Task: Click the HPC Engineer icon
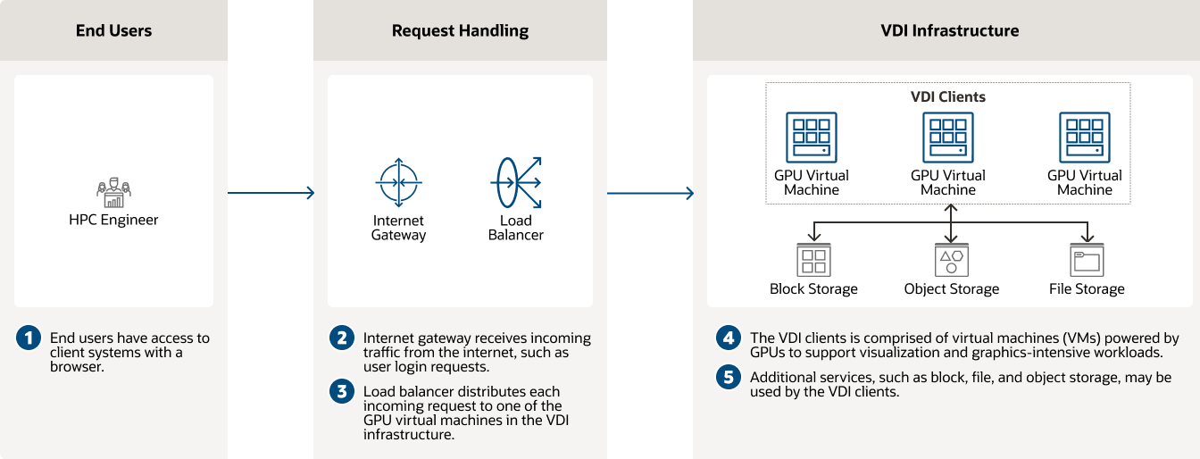(x=113, y=189)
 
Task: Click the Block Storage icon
(x=813, y=260)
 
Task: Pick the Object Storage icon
(x=951, y=260)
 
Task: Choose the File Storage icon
(x=1087, y=260)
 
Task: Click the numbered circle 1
(x=29, y=338)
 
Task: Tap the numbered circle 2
(x=342, y=338)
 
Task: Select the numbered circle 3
(x=342, y=391)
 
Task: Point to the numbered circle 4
(x=729, y=338)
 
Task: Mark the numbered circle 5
(x=729, y=378)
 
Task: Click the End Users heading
(x=113, y=30)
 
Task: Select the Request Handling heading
(x=460, y=30)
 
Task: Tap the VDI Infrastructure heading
(x=949, y=30)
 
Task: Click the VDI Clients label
(x=947, y=96)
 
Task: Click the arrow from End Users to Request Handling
(x=271, y=193)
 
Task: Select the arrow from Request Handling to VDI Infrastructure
(x=650, y=193)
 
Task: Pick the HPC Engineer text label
(x=113, y=220)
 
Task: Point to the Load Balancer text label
(x=516, y=228)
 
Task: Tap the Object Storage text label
(x=951, y=288)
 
